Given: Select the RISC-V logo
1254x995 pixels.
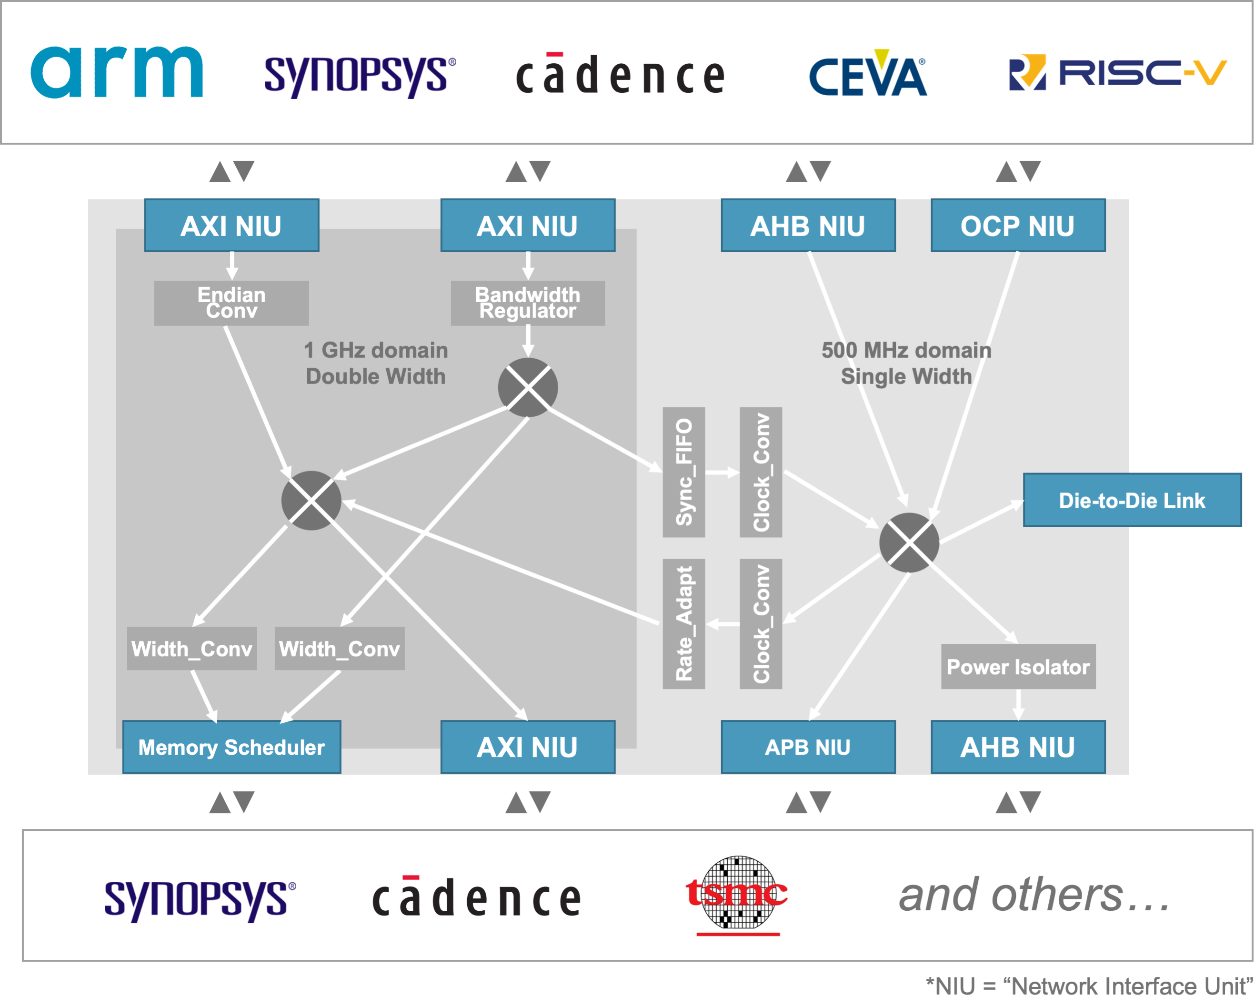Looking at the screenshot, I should pos(1117,73).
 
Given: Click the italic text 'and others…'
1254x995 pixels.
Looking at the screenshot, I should pos(1034,896).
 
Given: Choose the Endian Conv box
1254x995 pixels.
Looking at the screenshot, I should pos(231,303).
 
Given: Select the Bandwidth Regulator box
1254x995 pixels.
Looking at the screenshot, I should pos(528,303).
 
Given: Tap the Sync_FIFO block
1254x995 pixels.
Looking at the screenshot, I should pos(683,472).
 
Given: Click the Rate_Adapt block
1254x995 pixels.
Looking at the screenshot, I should pos(683,624).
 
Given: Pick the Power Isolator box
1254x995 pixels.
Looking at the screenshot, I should pos(1018,667).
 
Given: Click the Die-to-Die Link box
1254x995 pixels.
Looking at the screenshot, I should pos(1132,501).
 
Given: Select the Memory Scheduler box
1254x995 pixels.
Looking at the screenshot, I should pos(231,747).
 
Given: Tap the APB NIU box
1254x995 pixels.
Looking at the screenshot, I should pos(808,747).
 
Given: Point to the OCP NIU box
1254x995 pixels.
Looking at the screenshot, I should pos(1017,226).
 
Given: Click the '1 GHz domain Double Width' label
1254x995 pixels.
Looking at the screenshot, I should pos(376,363).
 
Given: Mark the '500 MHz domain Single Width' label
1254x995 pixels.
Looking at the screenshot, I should pos(906,363).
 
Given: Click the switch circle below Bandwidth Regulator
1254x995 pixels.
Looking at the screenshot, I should pos(528,387).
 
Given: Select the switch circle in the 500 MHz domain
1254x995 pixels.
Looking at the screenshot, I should pos(909,542).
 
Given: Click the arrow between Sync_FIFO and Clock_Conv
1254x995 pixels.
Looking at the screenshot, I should pos(722,473).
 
